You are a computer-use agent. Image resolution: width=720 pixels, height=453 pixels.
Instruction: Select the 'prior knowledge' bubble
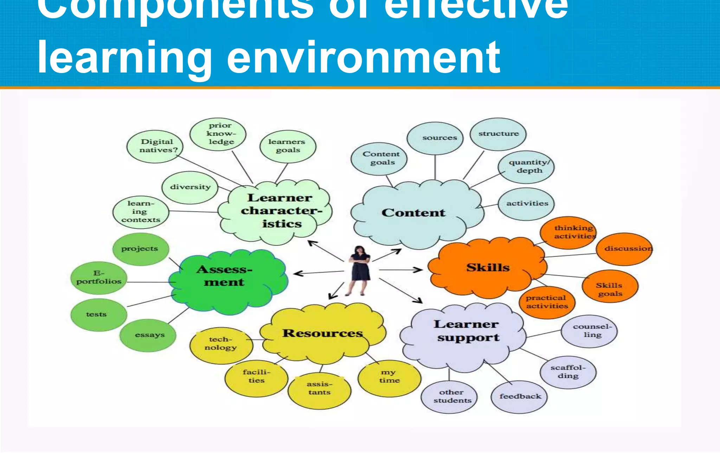(x=218, y=134)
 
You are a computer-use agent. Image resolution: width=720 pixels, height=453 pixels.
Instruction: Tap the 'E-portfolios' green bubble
(x=99, y=278)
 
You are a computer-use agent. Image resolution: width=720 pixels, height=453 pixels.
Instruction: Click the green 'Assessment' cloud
(x=225, y=277)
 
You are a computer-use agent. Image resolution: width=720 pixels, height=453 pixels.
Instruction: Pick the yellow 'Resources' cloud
(x=322, y=333)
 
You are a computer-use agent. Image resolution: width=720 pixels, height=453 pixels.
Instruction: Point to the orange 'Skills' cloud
(x=488, y=268)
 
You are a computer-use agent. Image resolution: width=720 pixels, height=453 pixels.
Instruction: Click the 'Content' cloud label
(x=413, y=213)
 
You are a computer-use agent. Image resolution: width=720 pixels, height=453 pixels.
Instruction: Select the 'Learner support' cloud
(x=467, y=331)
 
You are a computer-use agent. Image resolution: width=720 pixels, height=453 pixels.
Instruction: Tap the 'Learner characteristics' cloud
(x=280, y=211)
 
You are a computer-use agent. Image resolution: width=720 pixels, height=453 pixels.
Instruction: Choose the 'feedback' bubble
(x=519, y=396)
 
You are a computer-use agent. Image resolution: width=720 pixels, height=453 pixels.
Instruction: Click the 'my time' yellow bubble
(x=389, y=376)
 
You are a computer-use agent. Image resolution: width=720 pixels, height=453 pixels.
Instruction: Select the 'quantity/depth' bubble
(x=526, y=166)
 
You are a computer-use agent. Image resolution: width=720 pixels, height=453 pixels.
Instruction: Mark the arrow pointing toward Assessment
(x=318, y=273)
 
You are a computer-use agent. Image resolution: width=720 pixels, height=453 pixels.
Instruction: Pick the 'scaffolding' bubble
(x=568, y=372)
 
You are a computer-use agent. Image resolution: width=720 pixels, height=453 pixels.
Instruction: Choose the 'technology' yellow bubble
(x=221, y=344)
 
